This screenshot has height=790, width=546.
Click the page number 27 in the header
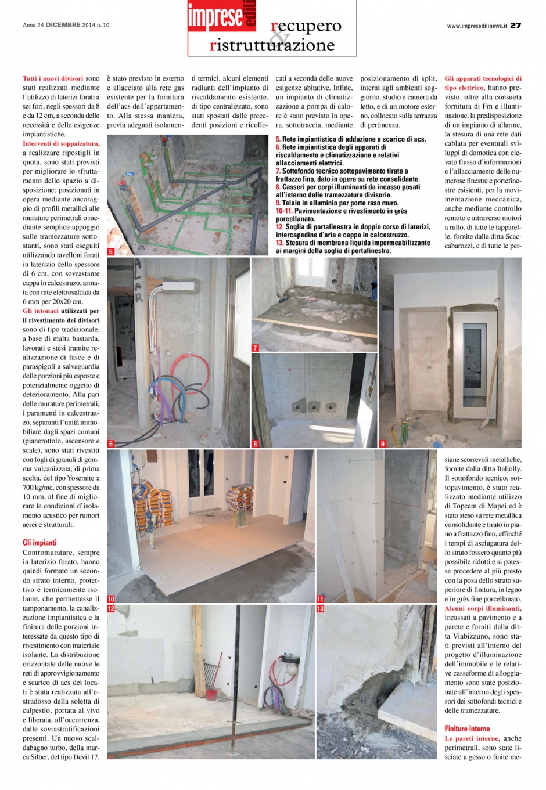(515, 26)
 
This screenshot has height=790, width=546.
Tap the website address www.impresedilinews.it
(477, 26)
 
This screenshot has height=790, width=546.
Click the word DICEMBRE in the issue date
(63, 26)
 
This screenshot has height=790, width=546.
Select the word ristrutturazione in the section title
(272, 45)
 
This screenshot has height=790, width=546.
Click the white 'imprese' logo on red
(215, 16)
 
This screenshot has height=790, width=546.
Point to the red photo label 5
(111, 252)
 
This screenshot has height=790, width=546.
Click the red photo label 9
(382, 443)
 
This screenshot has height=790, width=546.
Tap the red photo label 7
(255, 348)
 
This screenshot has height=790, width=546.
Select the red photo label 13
(321, 608)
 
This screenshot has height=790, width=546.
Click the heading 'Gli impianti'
(40, 543)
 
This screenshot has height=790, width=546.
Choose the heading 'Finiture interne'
(467, 728)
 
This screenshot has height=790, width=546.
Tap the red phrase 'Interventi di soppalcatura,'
(61, 143)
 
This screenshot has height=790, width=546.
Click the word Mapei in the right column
(497, 506)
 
